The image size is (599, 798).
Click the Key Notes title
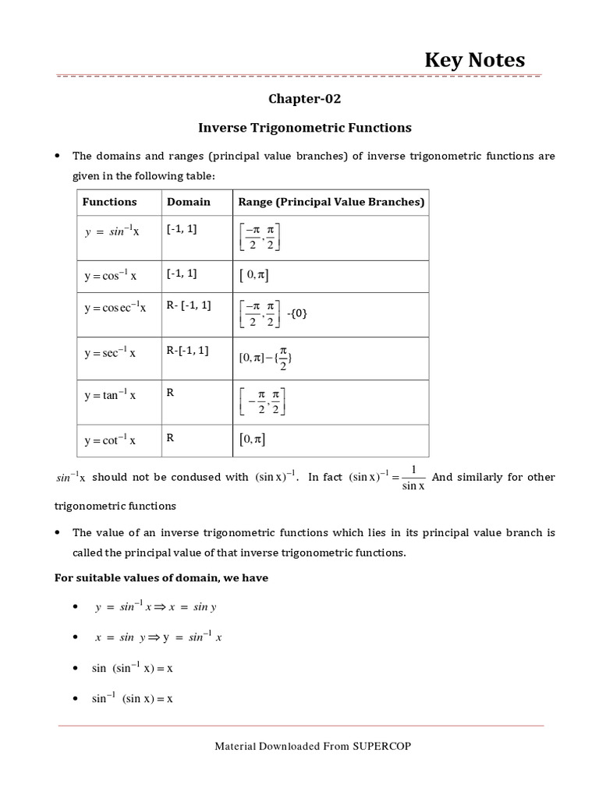(474, 60)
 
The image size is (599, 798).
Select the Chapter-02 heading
(305, 99)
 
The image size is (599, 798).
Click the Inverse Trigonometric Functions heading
(305, 127)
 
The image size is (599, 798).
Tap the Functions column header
(109, 202)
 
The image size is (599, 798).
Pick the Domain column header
(189, 202)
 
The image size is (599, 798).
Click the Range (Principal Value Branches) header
(331, 202)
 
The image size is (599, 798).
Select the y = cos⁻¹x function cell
(110, 276)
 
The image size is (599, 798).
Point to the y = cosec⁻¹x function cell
(115, 308)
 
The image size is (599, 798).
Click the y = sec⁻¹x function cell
(110, 353)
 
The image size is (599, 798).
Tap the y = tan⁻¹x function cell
(110, 395)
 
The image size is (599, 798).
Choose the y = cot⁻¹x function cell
(110, 440)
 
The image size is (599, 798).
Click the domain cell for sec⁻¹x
(187, 351)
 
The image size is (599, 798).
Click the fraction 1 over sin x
(413, 478)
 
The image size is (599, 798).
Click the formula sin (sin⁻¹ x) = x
(132, 669)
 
